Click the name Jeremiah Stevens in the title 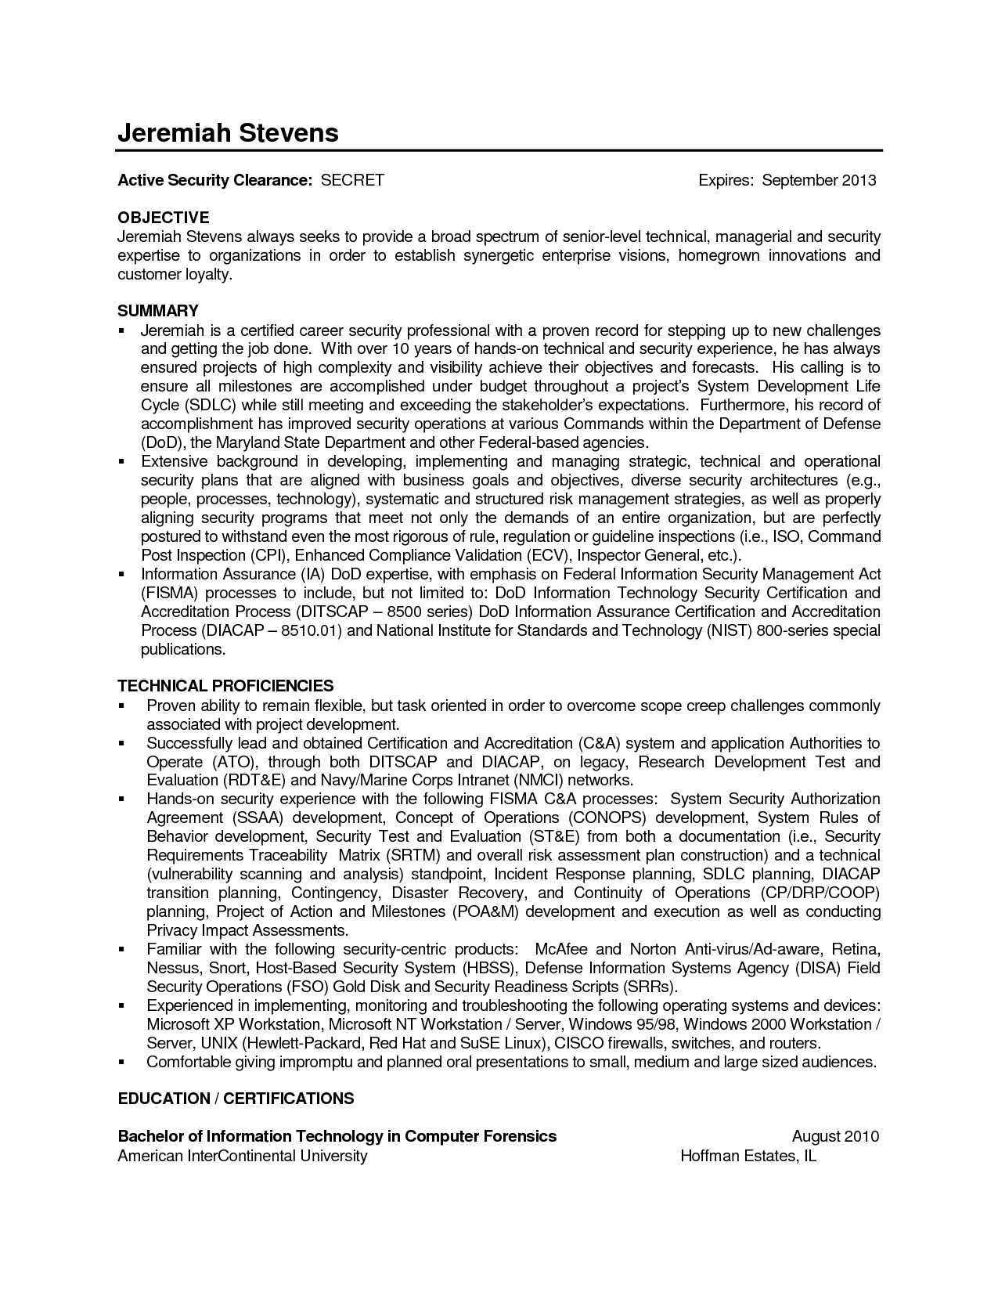(228, 132)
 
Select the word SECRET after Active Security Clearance (352, 180)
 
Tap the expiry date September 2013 (819, 180)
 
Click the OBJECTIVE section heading (163, 217)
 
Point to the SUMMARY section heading (157, 310)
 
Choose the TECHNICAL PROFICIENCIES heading (225, 686)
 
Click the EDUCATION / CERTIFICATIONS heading (236, 1099)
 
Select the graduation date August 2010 (835, 1136)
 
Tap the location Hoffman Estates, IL (748, 1156)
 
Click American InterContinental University (242, 1156)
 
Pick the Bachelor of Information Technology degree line (337, 1136)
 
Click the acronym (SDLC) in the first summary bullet (211, 405)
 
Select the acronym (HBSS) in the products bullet (489, 968)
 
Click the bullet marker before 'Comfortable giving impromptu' (122, 1063)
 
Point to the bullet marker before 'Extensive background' (122, 462)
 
